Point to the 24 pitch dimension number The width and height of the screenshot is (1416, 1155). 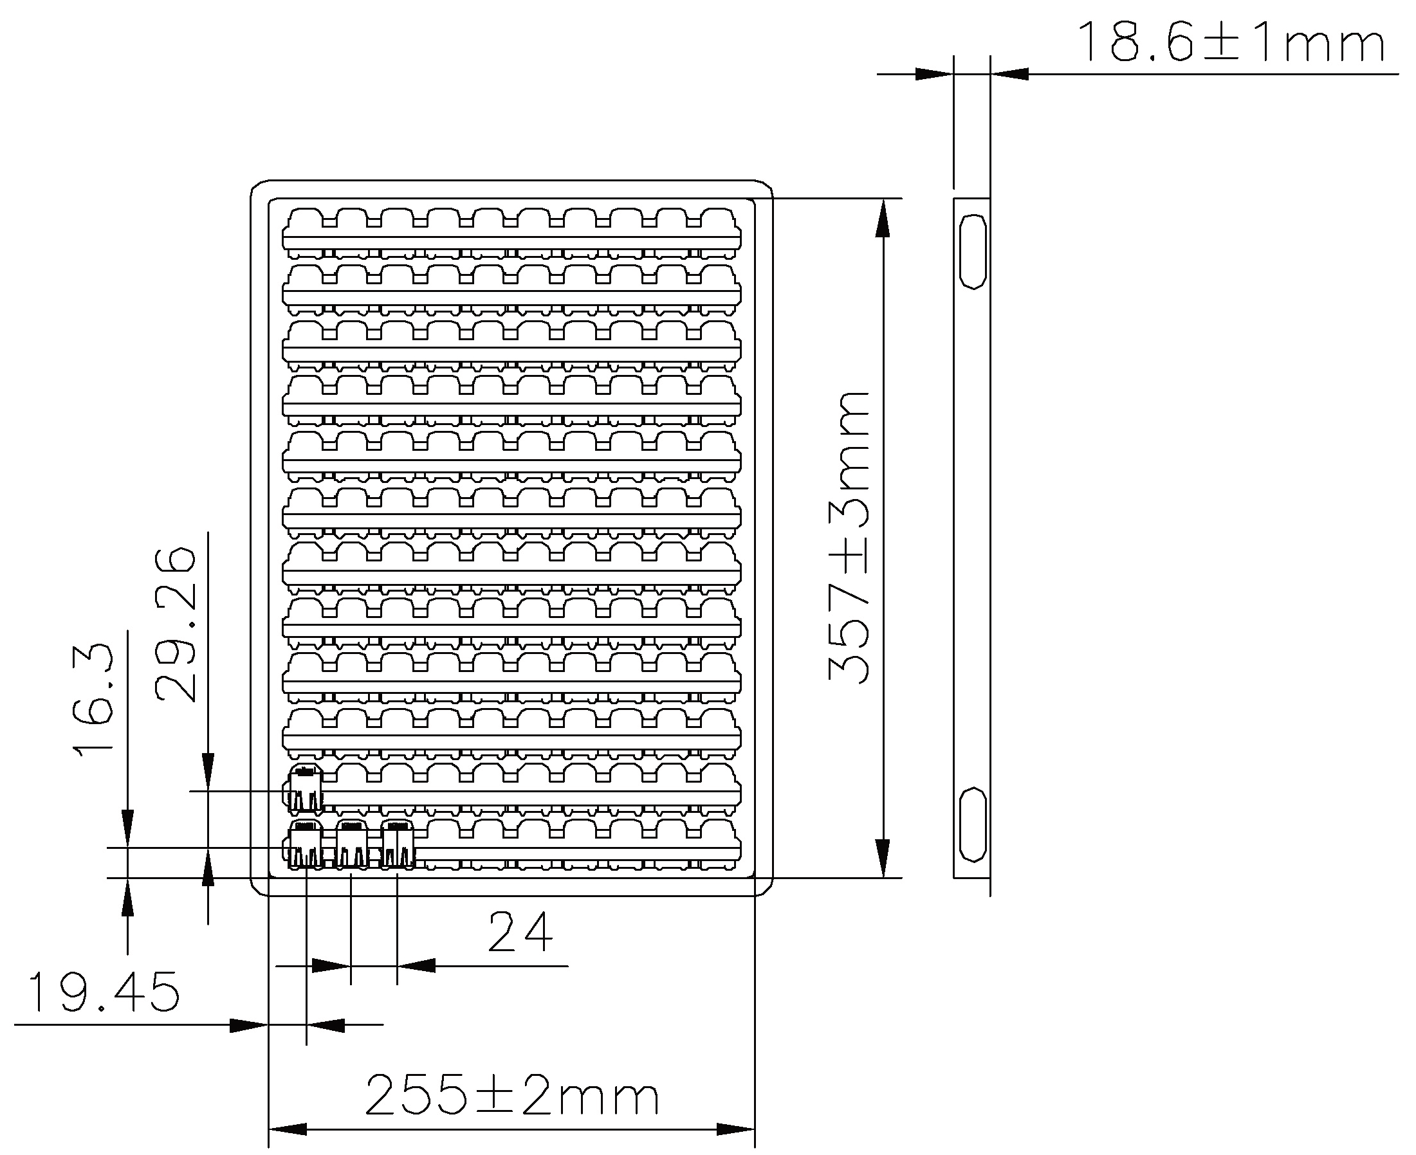coord(520,932)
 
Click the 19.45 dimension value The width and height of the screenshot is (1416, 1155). coord(104,993)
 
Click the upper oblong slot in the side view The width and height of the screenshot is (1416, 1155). coord(972,251)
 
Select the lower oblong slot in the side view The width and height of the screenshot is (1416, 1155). coord(972,824)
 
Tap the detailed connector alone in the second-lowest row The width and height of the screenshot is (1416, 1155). coord(306,789)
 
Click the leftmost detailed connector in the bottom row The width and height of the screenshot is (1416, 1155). coord(306,845)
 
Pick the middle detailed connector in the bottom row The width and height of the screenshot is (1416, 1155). coord(351,845)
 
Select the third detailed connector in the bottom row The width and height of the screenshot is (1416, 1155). coord(397,845)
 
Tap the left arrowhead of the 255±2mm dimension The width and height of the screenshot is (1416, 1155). coord(288,1129)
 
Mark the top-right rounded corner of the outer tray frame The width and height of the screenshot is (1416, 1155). coord(767,186)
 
